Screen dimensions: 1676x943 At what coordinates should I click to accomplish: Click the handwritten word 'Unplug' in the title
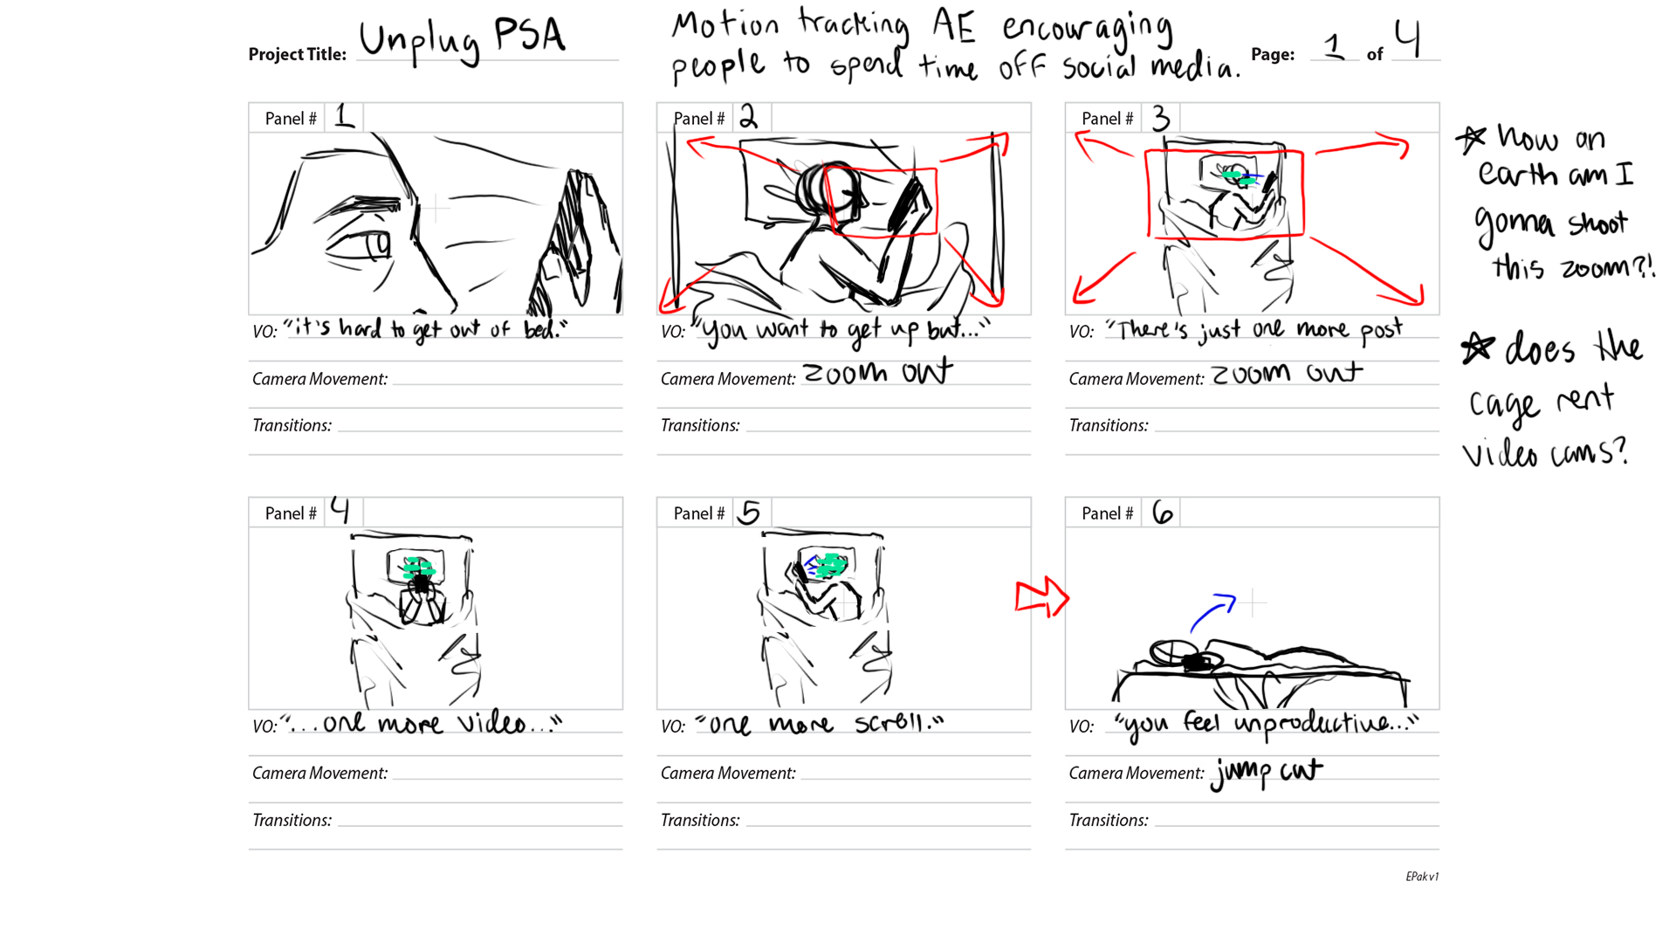point(420,41)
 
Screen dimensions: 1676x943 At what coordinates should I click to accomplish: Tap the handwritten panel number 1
point(345,116)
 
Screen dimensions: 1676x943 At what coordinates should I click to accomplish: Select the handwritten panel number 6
point(1162,512)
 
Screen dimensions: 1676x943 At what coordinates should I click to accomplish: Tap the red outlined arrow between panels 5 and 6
point(1042,598)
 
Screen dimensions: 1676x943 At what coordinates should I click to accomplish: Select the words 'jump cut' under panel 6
point(1267,773)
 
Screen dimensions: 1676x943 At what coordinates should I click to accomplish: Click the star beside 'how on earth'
point(1471,138)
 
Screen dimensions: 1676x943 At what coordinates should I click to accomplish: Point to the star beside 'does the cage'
point(1477,348)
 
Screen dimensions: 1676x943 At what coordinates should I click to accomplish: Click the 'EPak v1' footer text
point(1422,877)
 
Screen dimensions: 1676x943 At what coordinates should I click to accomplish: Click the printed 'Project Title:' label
point(298,54)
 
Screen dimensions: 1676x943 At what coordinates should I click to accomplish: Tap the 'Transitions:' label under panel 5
point(700,820)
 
